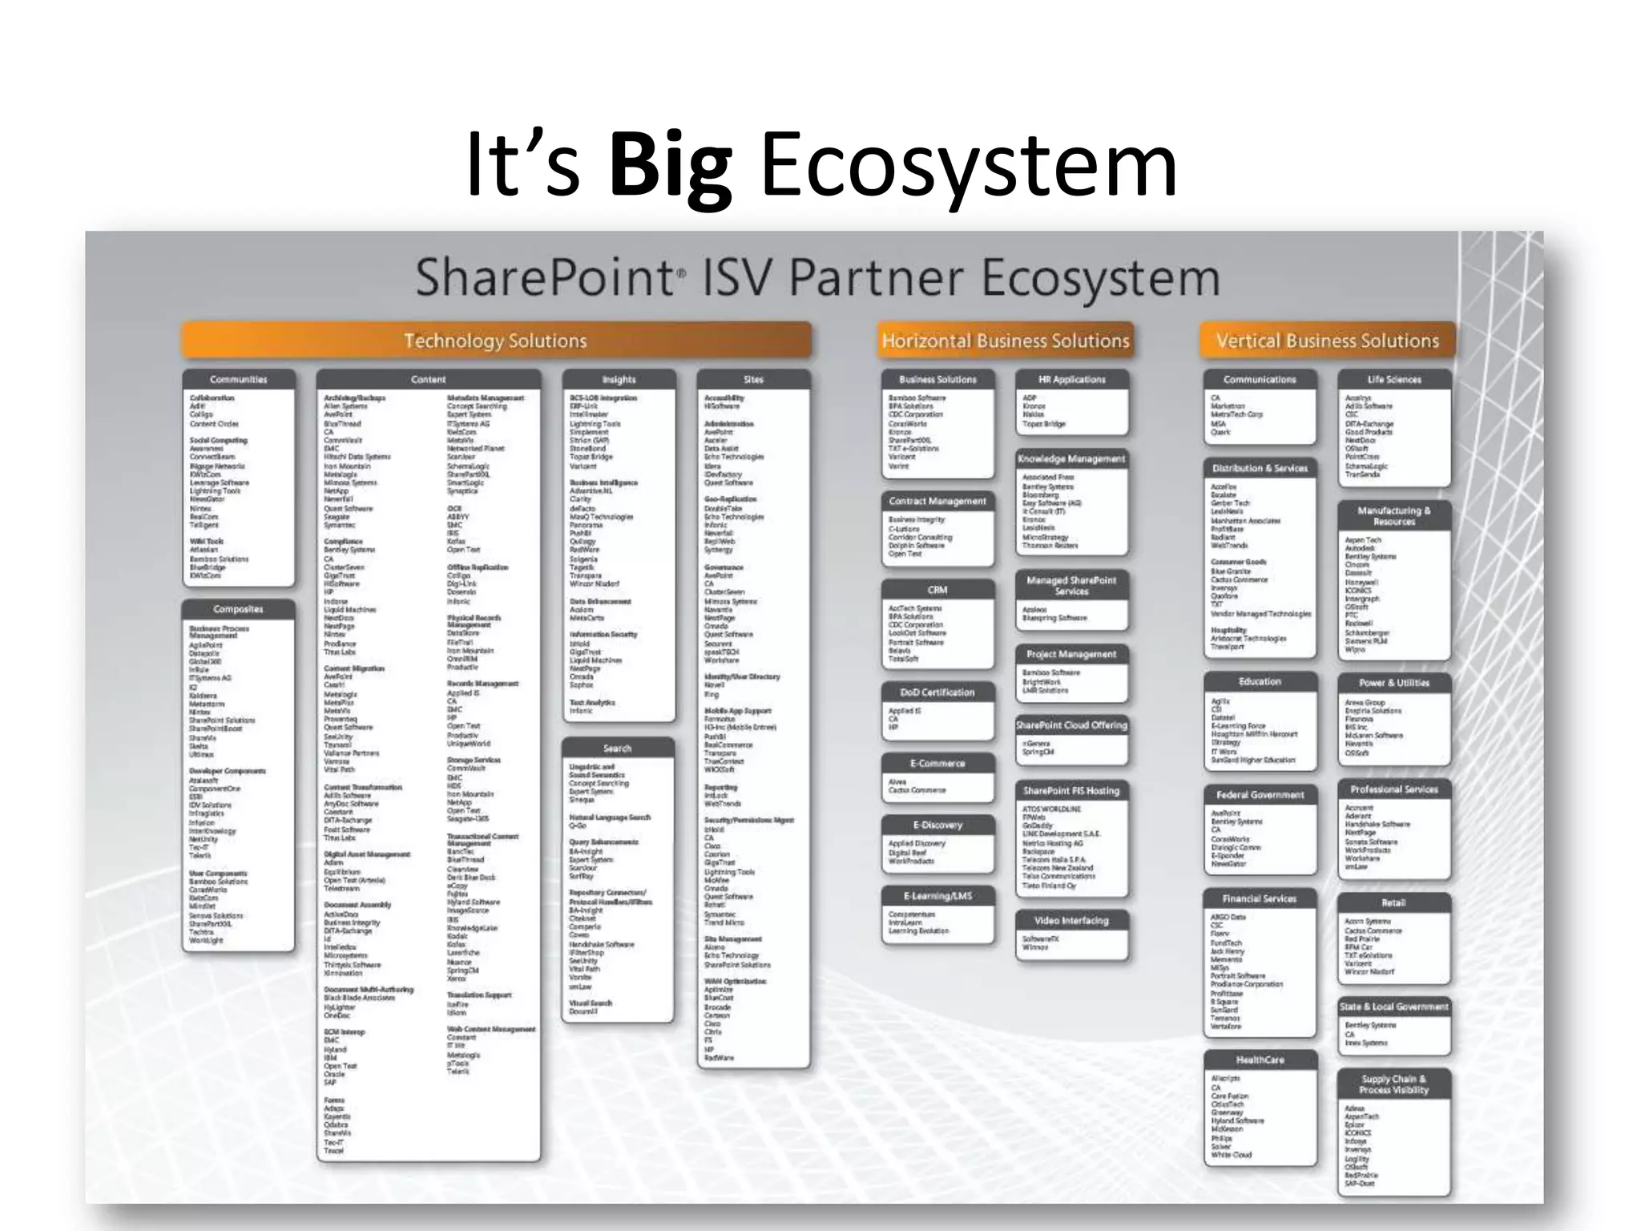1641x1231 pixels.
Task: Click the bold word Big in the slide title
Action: pos(670,167)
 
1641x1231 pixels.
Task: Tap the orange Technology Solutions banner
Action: pos(495,341)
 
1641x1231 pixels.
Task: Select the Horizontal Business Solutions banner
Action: pos(1006,341)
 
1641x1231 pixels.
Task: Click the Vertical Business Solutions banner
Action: pos(1328,341)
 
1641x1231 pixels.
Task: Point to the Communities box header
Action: pos(239,379)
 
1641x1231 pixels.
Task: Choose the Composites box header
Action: pos(239,609)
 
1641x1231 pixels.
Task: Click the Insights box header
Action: pos(619,379)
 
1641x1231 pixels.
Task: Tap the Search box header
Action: pos(618,748)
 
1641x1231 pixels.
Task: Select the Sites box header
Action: pos(753,379)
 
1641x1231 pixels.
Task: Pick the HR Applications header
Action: pos(1072,379)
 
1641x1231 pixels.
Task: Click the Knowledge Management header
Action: pos(1072,458)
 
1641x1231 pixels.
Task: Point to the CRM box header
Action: pos(937,589)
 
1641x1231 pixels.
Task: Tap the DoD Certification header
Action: pos(937,692)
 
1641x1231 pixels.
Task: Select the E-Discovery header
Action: pos(937,825)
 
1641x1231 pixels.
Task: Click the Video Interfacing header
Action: pos(1072,920)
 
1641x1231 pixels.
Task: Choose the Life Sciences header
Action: pos(1394,379)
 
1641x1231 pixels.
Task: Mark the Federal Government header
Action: pos(1260,794)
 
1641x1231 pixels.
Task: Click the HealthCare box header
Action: pos(1260,1059)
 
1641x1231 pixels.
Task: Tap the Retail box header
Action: pos(1394,902)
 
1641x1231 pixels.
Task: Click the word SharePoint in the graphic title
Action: pos(545,278)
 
